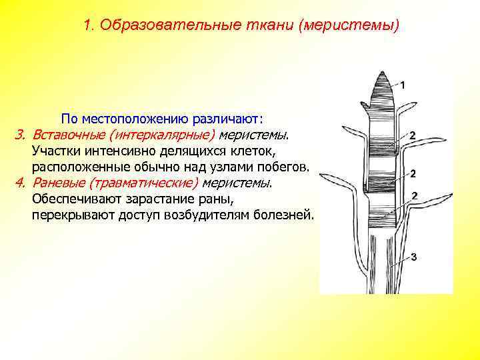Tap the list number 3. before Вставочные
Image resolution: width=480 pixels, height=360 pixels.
pyautogui.click(x=21, y=135)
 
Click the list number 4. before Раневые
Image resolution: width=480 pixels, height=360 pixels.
pyautogui.click(x=21, y=183)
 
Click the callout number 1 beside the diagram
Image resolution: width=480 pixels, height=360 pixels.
pyautogui.click(x=404, y=85)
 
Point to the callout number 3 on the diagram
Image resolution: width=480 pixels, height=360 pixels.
pyautogui.click(x=413, y=257)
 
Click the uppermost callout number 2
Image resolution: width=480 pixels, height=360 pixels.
pyautogui.click(x=413, y=136)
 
